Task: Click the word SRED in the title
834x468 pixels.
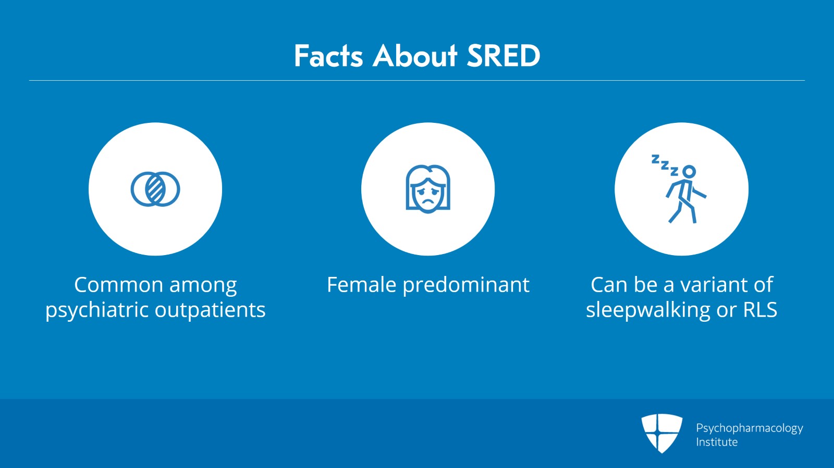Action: click(x=503, y=56)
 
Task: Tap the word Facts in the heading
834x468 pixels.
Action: click(x=328, y=56)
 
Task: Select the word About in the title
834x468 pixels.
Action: click(x=414, y=56)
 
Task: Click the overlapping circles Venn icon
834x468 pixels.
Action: click(x=155, y=189)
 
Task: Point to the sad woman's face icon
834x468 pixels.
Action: click(x=428, y=189)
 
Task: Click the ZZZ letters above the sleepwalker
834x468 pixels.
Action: click(x=665, y=165)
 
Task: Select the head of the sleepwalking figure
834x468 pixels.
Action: click(x=689, y=172)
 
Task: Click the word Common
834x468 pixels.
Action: click(x=119, y=285)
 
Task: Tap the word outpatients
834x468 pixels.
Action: click(x=210, y=310)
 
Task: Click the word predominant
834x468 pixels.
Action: click(x=466, y=285)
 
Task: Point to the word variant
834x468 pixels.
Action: click(x=716, y=285)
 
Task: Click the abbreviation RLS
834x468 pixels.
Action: click(x=760, y=310)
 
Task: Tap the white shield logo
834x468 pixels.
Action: click(x=661, y=433)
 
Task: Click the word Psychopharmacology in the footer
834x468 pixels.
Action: click(x=750, y=428)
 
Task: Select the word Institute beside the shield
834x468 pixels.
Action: click(x=717, y=442)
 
